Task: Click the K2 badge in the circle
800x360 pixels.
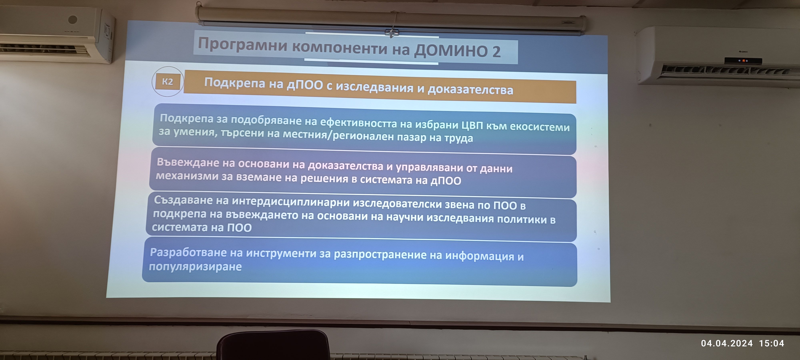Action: coord(167,82)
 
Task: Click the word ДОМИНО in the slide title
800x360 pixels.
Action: coord(451,51)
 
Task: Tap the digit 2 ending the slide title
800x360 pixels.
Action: coord(496,52)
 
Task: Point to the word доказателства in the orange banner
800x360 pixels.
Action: coord(470,90)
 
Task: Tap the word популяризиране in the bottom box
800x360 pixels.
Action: coord(195,267)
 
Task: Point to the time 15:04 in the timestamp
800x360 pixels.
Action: coord(771,343)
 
